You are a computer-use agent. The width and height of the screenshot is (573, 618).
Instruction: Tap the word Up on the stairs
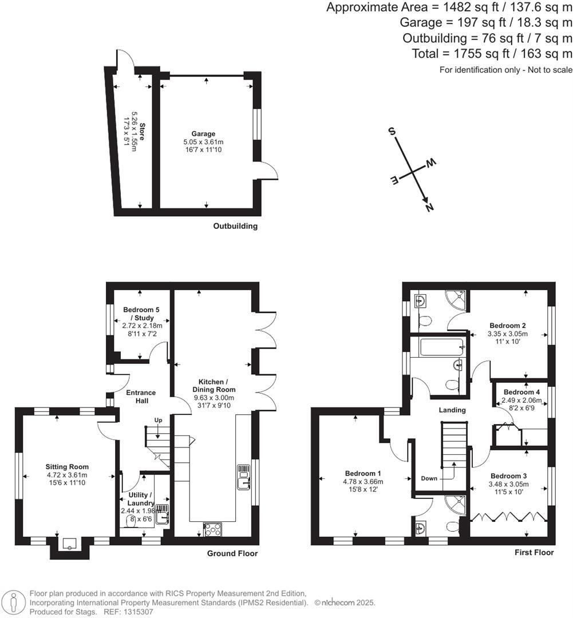tap(159, 420)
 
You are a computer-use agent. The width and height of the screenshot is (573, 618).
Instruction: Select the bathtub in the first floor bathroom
tap(440, 347)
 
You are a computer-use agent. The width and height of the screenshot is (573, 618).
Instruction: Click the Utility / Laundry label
tap(137, 498)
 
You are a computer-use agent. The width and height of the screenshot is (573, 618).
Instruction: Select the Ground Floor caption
tap(233, 553)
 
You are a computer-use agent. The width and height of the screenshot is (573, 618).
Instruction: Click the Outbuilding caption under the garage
tap(235, 226)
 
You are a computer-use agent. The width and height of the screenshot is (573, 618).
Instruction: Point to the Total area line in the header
tap(492, 54)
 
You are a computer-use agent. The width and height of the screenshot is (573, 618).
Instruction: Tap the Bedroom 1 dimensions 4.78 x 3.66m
tap(363, 482)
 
